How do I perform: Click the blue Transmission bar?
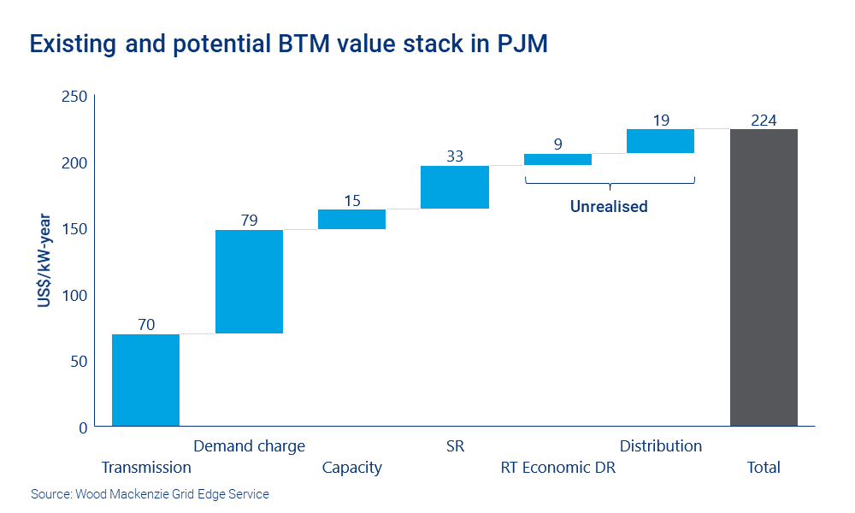pos(145,380)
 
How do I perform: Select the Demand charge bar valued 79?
pos(249,281)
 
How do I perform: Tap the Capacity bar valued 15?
pos(351,219)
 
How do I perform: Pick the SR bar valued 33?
pos(455,187)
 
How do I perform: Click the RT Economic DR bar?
pos(557,159)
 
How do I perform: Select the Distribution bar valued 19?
pos(660,141)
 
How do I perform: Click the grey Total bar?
pos(764,277)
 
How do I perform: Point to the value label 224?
pos(764,121)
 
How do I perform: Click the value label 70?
pos(145,324)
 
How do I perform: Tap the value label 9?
pos(557,144)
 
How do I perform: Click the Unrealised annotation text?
pos(609,206)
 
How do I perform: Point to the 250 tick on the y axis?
pos(75,97)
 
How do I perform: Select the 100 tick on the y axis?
pos(75,295)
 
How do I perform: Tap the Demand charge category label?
pos(249,446)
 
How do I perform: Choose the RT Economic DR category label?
pos(557,468)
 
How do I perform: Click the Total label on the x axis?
pos(764,468)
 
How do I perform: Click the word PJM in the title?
pos(522,45)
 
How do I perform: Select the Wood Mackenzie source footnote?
pos(150,494)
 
